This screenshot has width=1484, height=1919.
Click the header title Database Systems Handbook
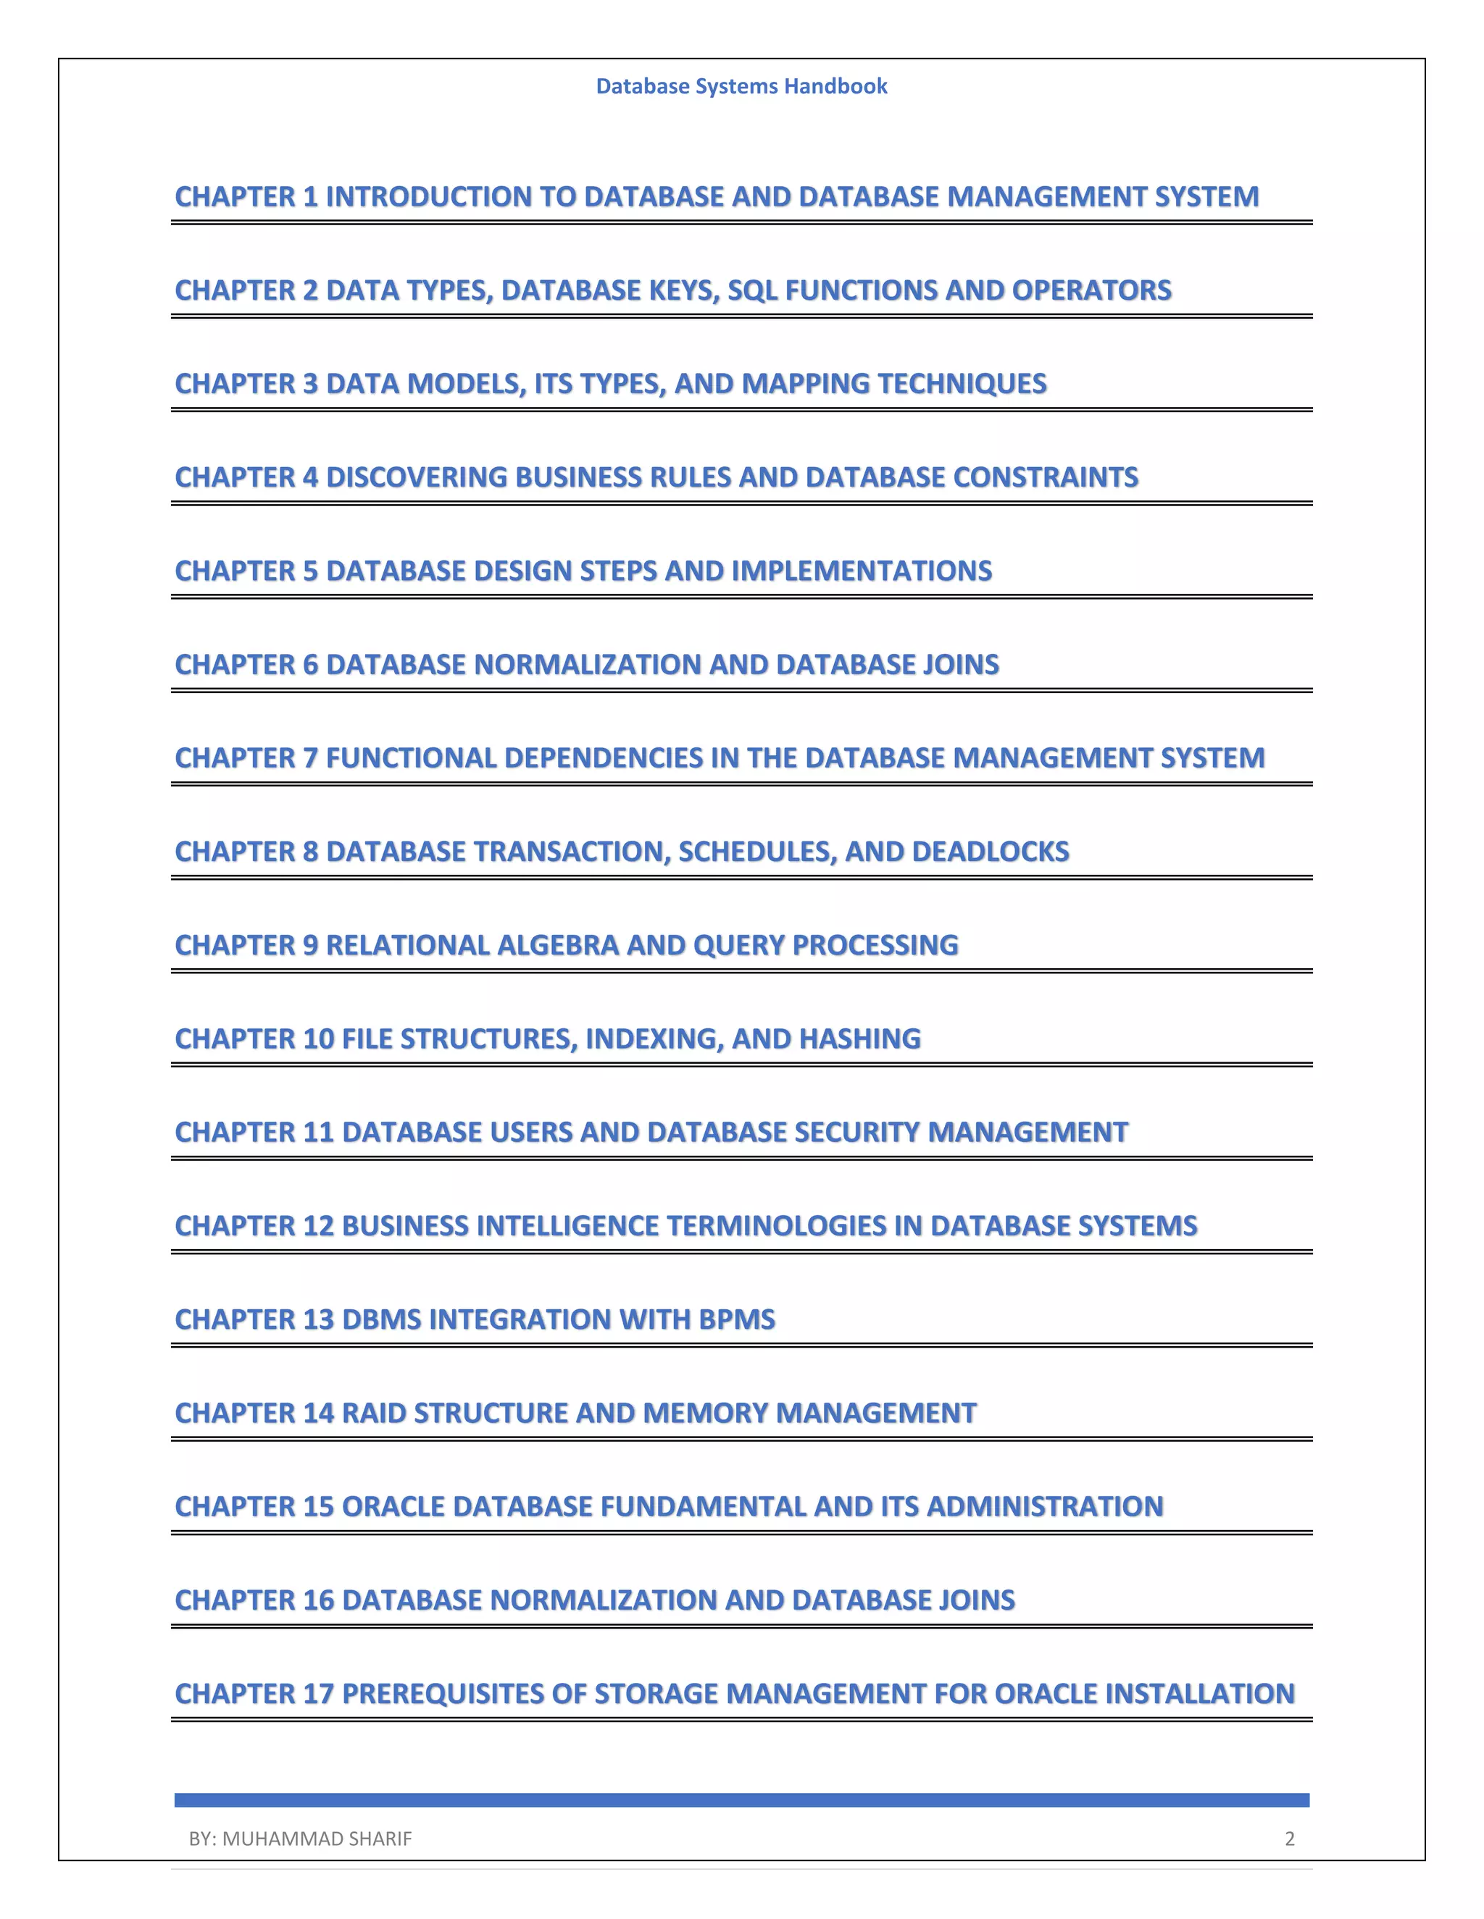coord(741,86)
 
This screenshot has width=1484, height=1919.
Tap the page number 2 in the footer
coord(1290,1838)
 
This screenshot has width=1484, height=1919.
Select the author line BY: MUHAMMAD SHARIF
coord(300,1838)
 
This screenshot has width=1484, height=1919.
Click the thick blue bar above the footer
coord(741,1800)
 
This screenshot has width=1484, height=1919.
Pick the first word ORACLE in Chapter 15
coord(392,1506)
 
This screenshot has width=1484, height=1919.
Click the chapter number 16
coord(317,1600)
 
